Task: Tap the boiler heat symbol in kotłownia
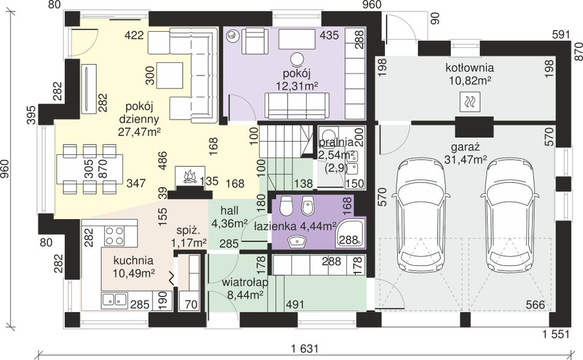[470, 102]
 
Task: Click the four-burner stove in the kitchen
[115, 236]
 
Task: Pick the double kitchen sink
[115, 299]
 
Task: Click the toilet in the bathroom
[286, 206]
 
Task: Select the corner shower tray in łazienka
[350, 233]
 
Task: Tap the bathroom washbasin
[297, 242]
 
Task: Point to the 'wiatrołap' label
[245, 283]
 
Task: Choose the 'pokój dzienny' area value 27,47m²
[139, 131]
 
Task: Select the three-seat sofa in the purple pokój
[297, 106]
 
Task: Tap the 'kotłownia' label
[470, 68]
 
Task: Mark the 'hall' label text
[229, 211]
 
